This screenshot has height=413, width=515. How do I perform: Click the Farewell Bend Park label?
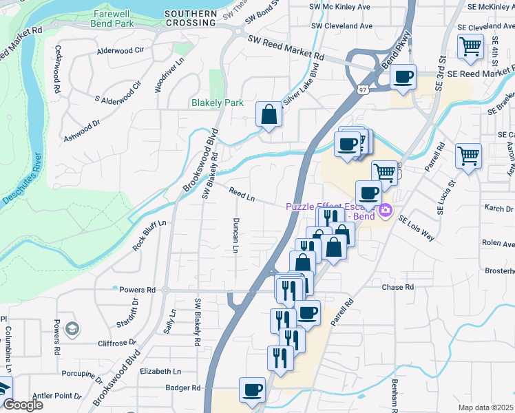click(x=114, y=19)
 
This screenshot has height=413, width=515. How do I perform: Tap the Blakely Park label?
click(x=217, y=103)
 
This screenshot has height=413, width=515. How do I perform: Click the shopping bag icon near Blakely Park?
click(x=269, y=115)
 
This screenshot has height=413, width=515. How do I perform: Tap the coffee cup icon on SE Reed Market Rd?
click(x=403, y=76)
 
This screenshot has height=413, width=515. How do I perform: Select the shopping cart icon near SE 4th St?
click(x=471, y=47)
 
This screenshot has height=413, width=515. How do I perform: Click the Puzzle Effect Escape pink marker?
click(x=386, y=209)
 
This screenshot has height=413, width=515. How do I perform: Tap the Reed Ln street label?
click(x=242, y=196)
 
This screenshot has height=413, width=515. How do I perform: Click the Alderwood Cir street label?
click(x=120, y=50)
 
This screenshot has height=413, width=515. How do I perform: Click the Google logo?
click(x=22, y=405)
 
